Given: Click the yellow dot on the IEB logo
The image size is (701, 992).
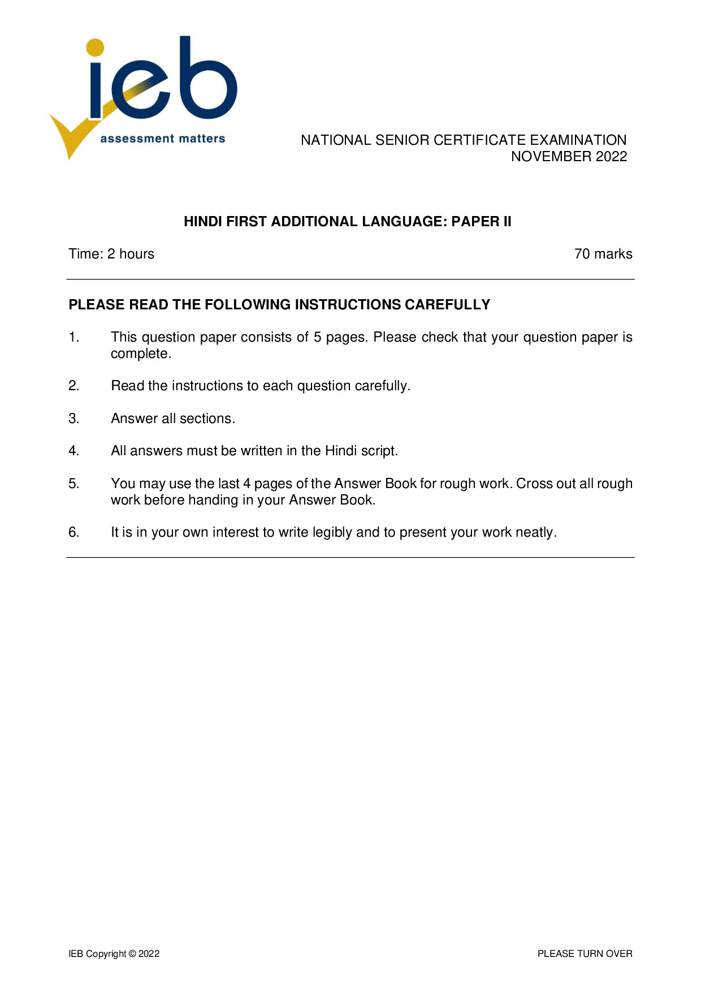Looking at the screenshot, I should [95, 48].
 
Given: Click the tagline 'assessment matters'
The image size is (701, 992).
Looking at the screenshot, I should [163, 139].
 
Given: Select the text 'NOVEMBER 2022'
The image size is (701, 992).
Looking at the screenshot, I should [569, 157].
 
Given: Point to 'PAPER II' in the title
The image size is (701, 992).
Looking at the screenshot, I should [481, 222].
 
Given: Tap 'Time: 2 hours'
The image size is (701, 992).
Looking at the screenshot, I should [111, 254].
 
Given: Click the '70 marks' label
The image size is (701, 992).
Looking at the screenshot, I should [603, 254].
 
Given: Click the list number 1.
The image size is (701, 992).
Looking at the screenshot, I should [73, 337].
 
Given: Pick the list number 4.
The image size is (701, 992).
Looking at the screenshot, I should [73, 451].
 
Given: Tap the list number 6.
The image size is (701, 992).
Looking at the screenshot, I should [73, 532].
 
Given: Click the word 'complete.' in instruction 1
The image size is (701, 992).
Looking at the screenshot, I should [141, 354].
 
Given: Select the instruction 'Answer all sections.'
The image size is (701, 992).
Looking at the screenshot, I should [173, 419].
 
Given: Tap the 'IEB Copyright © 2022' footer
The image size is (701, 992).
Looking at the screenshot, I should [114, 954].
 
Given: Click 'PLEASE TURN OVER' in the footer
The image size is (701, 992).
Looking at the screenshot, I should [585, 954].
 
